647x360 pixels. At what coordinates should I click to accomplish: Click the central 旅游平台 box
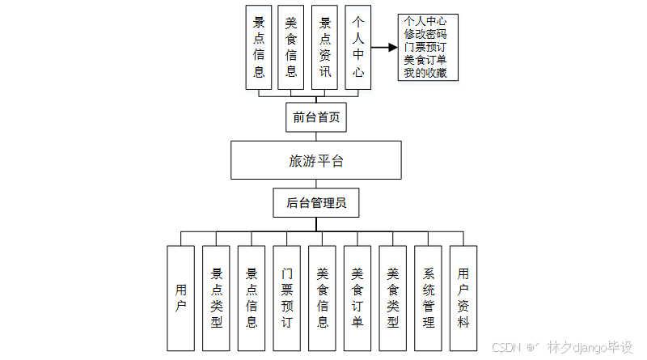(x=316, y=160)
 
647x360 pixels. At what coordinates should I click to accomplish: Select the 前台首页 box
(x=316, y=117)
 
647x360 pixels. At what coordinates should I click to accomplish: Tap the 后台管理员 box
(x=316, y=203)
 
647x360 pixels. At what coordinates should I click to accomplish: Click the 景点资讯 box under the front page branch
(x=325, y=47)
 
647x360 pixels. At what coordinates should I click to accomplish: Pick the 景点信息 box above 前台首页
(x=259, y=47)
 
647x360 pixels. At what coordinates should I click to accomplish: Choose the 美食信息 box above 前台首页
(x=291, y=47)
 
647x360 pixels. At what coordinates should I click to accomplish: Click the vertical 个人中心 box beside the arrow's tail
(x=358, y=47)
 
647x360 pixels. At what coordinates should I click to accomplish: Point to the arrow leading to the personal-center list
(x=384, y=47)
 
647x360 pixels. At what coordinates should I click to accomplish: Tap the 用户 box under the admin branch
(x=181, y=298)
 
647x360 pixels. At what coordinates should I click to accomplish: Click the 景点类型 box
(x=216, y=298)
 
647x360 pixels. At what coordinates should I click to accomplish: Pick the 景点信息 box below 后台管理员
(x=252, y=298)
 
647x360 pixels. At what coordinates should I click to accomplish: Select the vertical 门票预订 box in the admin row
(x=287, y=298)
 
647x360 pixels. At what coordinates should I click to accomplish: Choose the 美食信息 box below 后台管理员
(x=322, y=298)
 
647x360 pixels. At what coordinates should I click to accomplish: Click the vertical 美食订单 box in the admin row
(x=357, y=298)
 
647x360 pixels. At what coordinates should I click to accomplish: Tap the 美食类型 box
(x=393, y=298)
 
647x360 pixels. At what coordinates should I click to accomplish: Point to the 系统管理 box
(x=428, y=298)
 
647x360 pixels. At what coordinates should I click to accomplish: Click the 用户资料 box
(x=463, y=298)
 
